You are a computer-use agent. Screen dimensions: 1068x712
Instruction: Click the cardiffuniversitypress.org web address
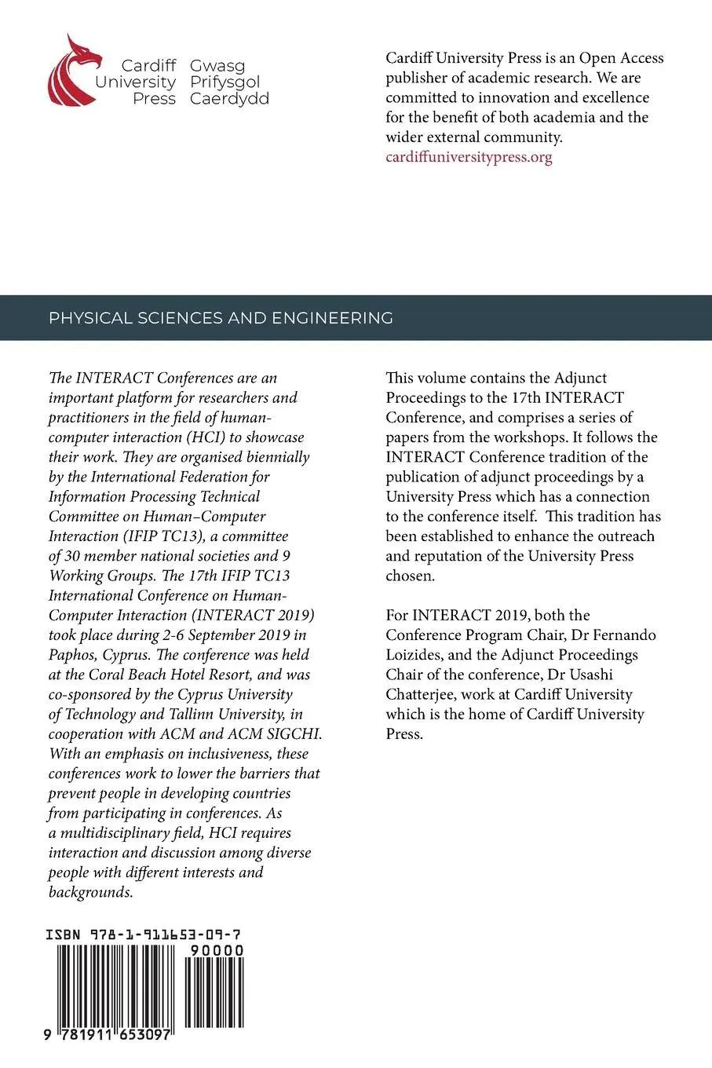click(x=469, y=156)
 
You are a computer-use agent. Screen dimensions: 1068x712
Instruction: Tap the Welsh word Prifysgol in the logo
click(x=225, y=82)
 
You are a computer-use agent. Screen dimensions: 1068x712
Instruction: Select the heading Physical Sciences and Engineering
click(x=221, y=318)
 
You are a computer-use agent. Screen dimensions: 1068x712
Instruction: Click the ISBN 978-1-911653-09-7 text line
click(x=143, y=934)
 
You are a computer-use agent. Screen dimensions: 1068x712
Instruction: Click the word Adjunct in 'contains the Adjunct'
click(x=581, y=378)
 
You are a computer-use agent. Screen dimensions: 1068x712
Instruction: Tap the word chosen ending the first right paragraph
click(x=409, y=576)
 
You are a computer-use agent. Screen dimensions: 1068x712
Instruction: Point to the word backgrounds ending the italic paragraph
click(x=90, y=892)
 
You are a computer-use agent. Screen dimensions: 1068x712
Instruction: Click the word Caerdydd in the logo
click(x=229, y=98)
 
